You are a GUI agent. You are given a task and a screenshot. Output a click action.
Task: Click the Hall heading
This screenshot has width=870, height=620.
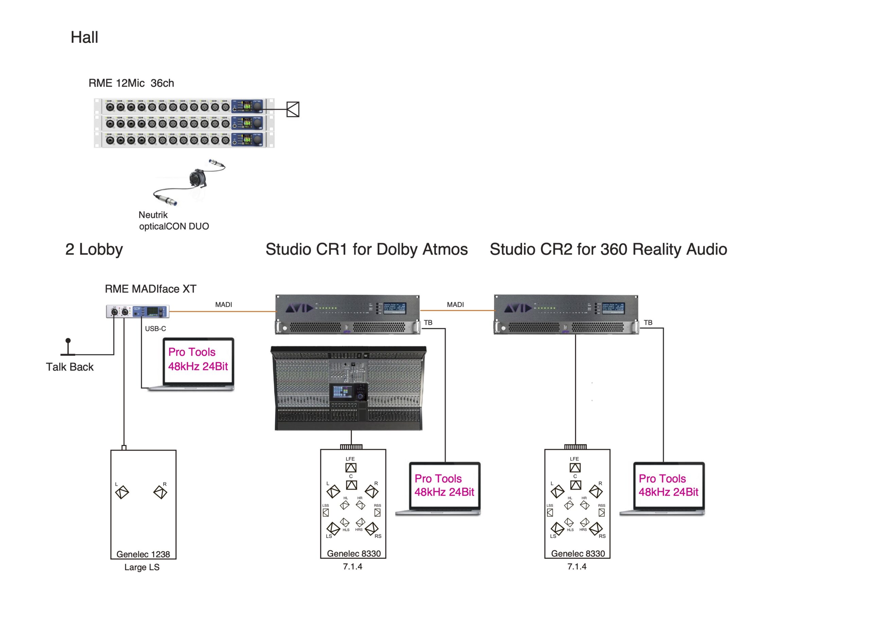84,37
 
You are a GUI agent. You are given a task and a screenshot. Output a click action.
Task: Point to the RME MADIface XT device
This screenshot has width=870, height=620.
138,311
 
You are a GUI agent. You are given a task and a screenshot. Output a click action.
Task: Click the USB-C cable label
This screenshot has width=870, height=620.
155,328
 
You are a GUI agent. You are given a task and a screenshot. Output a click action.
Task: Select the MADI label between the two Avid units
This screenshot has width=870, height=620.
455,305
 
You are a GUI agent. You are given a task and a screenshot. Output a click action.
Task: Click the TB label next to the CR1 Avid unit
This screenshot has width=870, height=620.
428,323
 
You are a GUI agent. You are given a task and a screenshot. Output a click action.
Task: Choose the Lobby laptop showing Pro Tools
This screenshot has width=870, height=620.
198,364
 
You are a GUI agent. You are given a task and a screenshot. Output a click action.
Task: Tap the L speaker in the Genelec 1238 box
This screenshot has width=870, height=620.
122,492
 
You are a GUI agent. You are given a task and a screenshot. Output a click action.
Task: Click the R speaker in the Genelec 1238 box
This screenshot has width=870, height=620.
160,492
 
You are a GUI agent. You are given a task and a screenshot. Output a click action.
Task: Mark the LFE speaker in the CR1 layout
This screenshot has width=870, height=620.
351,468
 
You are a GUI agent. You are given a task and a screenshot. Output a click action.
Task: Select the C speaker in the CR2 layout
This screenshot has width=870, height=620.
576,485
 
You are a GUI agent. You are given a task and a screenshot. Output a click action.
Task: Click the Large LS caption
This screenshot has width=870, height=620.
142,567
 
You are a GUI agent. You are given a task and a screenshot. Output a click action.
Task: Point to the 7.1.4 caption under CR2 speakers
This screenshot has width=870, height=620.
577,567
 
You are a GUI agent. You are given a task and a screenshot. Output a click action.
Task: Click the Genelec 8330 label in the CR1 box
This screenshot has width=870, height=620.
354,553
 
